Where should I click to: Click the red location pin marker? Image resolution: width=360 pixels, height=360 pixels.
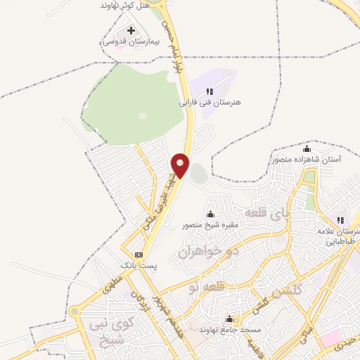coord(181,165)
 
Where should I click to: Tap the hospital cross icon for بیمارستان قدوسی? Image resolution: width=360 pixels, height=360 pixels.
coord(131,31)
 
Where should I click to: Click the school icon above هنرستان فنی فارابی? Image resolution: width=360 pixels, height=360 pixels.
coord(210,91)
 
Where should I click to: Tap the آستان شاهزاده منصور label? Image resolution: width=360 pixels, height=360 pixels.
coord(307,160)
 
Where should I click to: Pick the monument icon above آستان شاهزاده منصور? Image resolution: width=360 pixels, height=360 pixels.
coord(307,148)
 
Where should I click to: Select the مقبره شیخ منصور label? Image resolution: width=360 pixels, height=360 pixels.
coord(210,225)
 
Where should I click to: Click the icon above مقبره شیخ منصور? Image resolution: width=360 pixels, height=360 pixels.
coord(210,214)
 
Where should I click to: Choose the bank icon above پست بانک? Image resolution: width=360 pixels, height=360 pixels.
coord(139,255)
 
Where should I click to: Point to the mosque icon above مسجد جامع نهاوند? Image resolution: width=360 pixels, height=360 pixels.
coord(231,319)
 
